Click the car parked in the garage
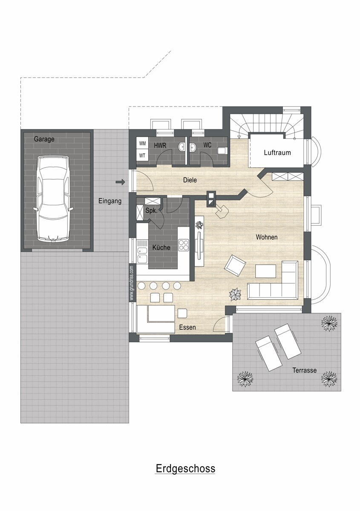point(53,198)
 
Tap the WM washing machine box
point(142,144)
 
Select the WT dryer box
point(142,156)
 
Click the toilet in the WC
point(222,151)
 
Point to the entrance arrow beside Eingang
point(120,182)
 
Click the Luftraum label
point(277,152)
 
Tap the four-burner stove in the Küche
point(184,245)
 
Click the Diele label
point(190,180)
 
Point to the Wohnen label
point(267,237)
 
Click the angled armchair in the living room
point(235,266)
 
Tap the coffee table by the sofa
point(265,271)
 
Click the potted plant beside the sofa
point(235,295)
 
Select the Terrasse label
point(305,370)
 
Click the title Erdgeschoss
point(185,468)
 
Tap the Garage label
point(44,139)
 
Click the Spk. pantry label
point(151,211)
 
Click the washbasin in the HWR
point(182,147)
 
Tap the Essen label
point(187,327)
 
